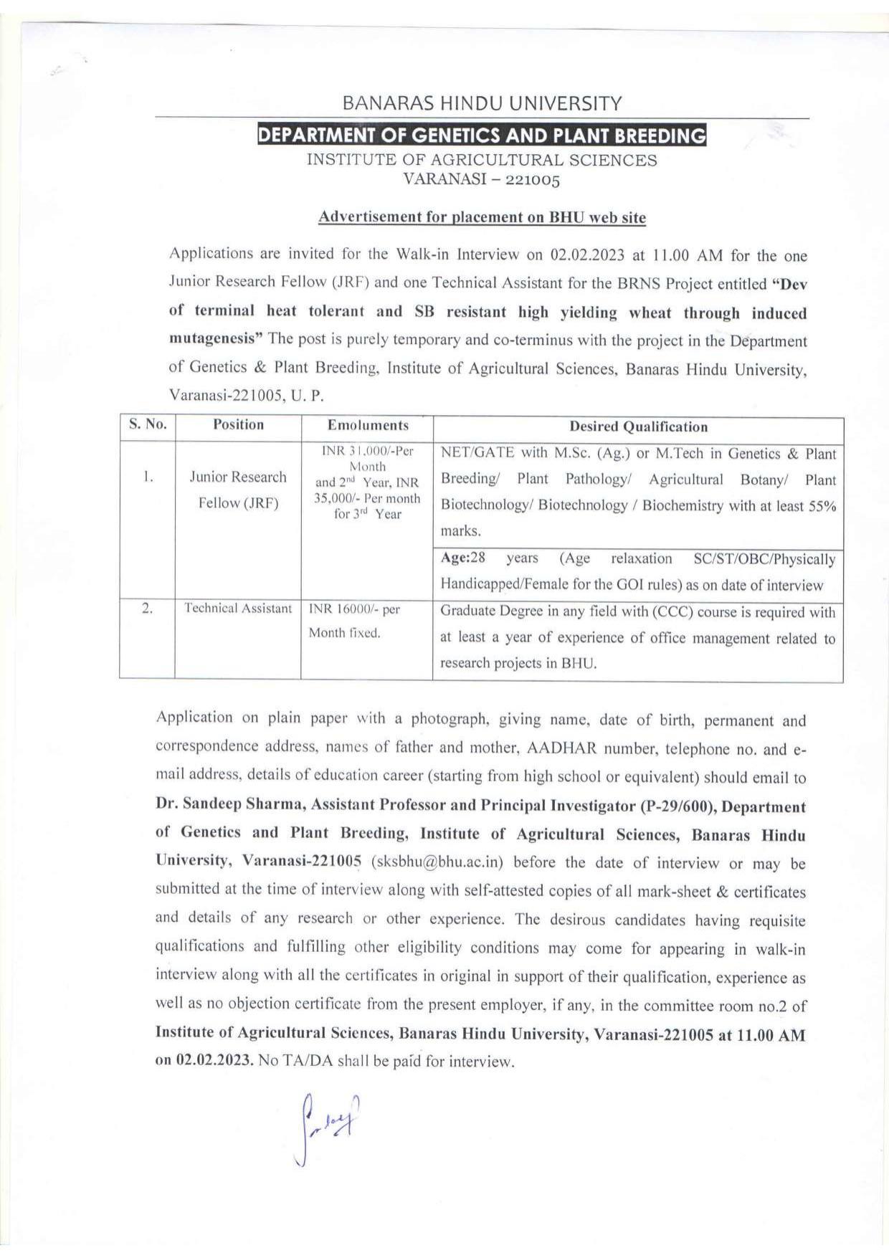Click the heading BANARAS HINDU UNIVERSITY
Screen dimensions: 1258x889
pos(482,103)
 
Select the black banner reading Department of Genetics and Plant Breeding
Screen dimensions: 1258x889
pos(482,135)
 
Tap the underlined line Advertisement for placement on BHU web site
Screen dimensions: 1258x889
pos(482,217)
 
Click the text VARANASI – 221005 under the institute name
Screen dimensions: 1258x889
pos(482,179)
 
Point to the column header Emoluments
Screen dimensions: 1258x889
pos(368,425)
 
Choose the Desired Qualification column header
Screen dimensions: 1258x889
pos(638,427)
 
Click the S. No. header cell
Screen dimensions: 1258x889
pos(148,424)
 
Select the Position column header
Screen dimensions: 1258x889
pos(238,424)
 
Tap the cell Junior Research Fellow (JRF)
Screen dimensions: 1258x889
pos(238,490)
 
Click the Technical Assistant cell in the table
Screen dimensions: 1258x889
pos(238,609)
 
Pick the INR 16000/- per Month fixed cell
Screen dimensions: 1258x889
pos(354,621)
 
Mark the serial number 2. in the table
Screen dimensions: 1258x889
pos(147,609)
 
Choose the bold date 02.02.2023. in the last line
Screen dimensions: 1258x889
pos(212,1061)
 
